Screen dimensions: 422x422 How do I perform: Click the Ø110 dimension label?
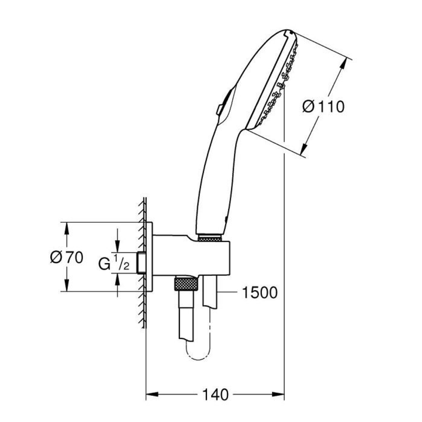pyautogui.click(x=323, y=107)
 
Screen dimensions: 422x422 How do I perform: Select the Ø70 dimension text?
pyautogui.click(x=66, y=257)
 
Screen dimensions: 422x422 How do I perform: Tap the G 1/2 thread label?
pyautogui.click(x=114, y=264)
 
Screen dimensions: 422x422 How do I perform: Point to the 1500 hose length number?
pyautogui.click(x=260, y=292)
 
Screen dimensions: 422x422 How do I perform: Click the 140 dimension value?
pyautogui.click(x=215, y=395)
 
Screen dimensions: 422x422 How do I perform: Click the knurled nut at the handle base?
pyautogui.click(x=209, y=238)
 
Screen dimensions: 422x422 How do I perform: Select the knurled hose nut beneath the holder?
pyautogui.click(x=186, y=283)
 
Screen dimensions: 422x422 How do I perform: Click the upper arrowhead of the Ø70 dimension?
pyautogui.click(x=66, y=227)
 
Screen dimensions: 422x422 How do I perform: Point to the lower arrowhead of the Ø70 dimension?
pyautogui.click(x=66, y=286)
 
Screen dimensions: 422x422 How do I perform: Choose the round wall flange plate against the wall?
pyautogui.click(x=149, y=257)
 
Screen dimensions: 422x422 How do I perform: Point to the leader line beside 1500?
pyautogui.click(x=228, y=292)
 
